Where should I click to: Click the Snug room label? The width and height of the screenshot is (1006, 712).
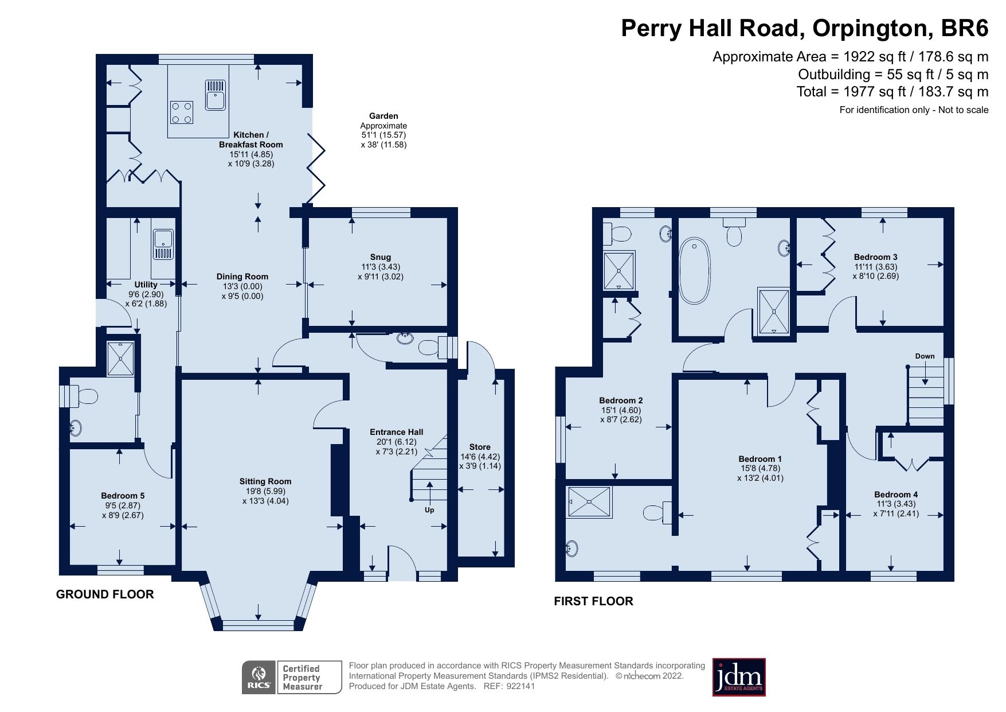click(x=380, y=258)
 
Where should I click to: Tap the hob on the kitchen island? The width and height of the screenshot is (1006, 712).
click(x=182, y=112)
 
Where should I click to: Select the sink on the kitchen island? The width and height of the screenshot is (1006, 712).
click(x=216, y=95)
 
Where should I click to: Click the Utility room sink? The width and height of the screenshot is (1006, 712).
click(x=163, y=244)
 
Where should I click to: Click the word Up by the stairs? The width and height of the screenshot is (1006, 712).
click(x=429, y=510)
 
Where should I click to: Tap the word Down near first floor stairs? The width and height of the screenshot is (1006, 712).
click(x=925, y=356)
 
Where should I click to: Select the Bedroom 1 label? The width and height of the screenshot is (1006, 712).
click(x=760, y=459)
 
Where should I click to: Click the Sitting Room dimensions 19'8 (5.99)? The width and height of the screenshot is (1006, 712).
click(x=265, y=491)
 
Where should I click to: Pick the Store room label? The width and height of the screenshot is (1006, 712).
click(x=480, y=447)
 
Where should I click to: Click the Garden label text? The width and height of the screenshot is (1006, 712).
click(x=383, y=116)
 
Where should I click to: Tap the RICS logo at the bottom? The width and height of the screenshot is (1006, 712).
click(x=259, y=678)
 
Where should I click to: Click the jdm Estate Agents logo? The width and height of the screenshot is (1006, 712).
click(x=738, y=678)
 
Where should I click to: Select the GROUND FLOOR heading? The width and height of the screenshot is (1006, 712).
click(x=105, y=594)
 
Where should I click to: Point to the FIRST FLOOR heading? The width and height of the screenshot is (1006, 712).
click(x=593, y=601)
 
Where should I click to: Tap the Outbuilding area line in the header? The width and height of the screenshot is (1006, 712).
click(x=893, y=75)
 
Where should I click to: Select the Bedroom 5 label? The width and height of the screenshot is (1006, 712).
click(x=123, y=496)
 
